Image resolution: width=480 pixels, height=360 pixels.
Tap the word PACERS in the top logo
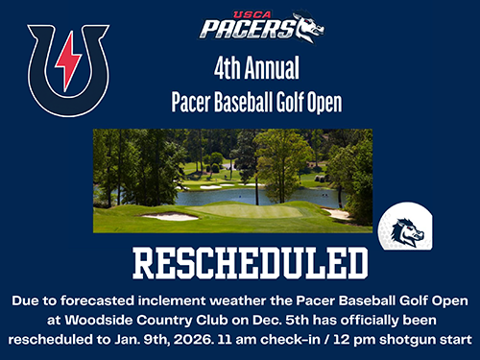pyautogui.click(x=234, y=27)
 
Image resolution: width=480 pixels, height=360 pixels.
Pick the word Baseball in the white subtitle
pyautogui.click(x=236, y=100)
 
